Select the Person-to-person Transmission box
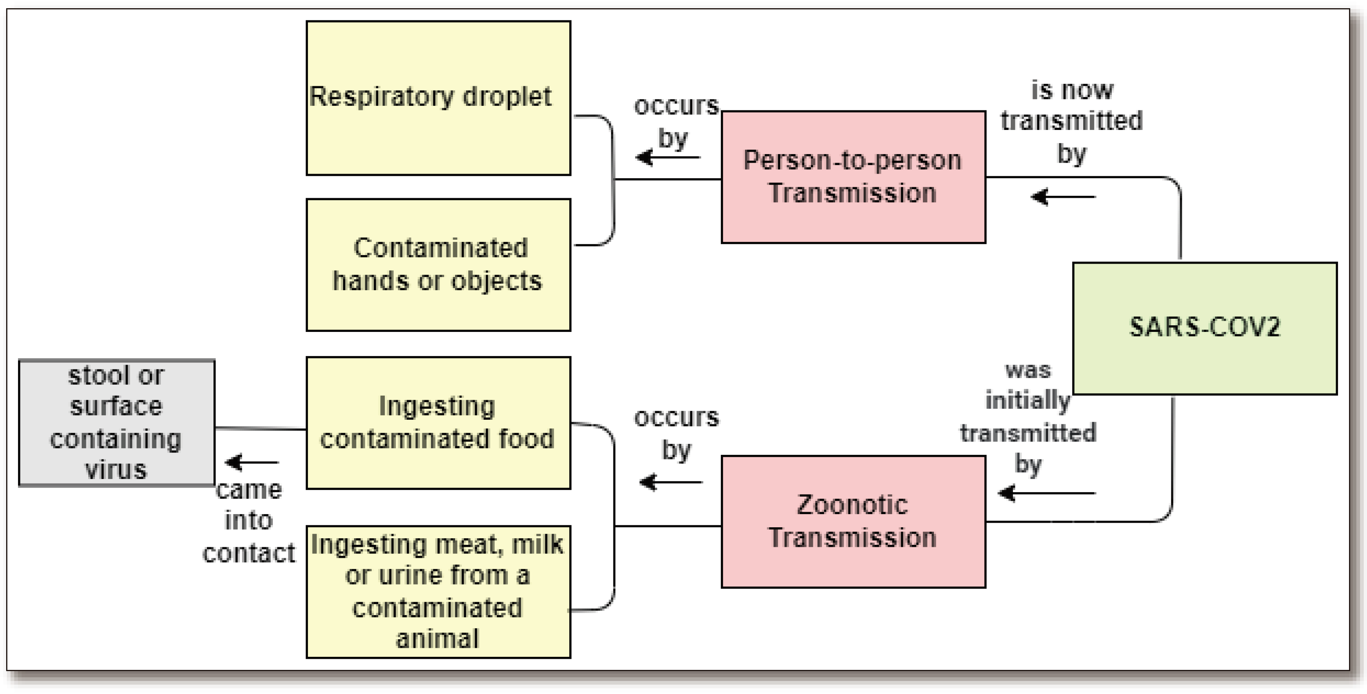(853, 177)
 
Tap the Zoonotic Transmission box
(853, 522)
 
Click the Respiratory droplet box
(438, 98)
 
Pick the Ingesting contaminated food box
(438, 422)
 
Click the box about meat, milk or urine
(438, 591)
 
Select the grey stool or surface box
(117, 422)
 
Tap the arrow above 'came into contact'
(252, 462)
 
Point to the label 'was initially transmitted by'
(1028, 417)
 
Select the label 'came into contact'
(249, 521)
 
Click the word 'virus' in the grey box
(116, 470)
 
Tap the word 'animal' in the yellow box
(437, 639)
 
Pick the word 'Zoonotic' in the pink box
(852, 505)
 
